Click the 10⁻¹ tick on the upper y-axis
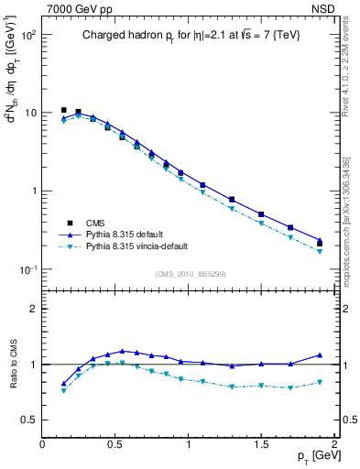click(x=28, y=269)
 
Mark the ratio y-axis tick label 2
click(x=33, y=309)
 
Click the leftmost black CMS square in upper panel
click(x=63, y=110)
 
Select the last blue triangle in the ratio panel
click(x=320, y=354)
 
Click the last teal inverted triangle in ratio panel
click(x=320, y=382)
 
